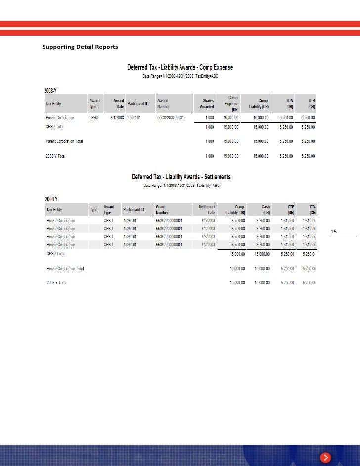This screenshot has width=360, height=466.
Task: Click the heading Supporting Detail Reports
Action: point(80,47)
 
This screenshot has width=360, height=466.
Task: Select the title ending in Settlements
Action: point(181,177)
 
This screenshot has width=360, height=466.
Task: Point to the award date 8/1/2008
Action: point(117,118)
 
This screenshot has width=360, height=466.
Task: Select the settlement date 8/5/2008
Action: point(207,220)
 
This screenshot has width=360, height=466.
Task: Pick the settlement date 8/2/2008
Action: point(207,244)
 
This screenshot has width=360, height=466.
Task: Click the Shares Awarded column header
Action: point(206,103)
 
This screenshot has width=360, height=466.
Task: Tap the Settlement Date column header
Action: point(207,210)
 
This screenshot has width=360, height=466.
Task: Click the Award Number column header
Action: point(164,103)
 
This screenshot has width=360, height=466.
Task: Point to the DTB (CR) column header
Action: point(312,103)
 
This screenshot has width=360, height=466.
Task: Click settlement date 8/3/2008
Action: point(207,236)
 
